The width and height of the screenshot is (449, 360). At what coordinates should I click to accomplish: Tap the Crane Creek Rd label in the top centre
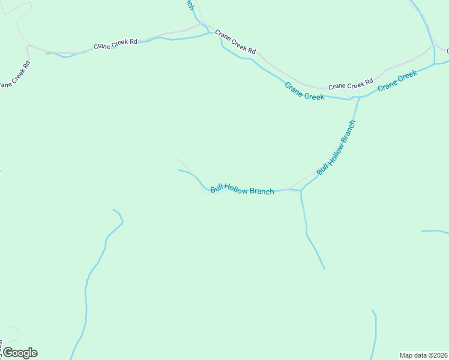point(235,42)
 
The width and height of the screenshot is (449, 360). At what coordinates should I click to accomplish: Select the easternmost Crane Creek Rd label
point(351,83)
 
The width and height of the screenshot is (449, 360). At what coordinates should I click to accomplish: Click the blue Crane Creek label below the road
point(304,91)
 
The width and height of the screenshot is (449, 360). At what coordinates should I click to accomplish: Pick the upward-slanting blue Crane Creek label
point(397,80)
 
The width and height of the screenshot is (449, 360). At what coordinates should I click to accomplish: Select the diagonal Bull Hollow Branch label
point(336,148)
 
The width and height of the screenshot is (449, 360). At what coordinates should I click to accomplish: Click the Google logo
point(19,353)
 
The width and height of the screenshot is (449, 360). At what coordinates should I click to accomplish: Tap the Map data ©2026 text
point(423,355)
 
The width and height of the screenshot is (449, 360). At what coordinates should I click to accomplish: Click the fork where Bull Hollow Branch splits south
point(301,191)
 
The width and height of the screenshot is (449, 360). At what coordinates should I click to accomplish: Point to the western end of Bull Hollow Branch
point(179,170)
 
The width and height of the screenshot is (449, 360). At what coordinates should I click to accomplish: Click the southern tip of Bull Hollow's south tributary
point(324,268)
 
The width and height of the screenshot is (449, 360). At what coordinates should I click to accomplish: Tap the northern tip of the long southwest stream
point(113,209)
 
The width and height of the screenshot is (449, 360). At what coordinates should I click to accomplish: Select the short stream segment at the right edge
point(434,231)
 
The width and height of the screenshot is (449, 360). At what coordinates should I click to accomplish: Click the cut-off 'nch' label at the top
point(190,5)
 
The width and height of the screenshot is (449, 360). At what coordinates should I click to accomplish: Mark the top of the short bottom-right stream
point(372,310)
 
